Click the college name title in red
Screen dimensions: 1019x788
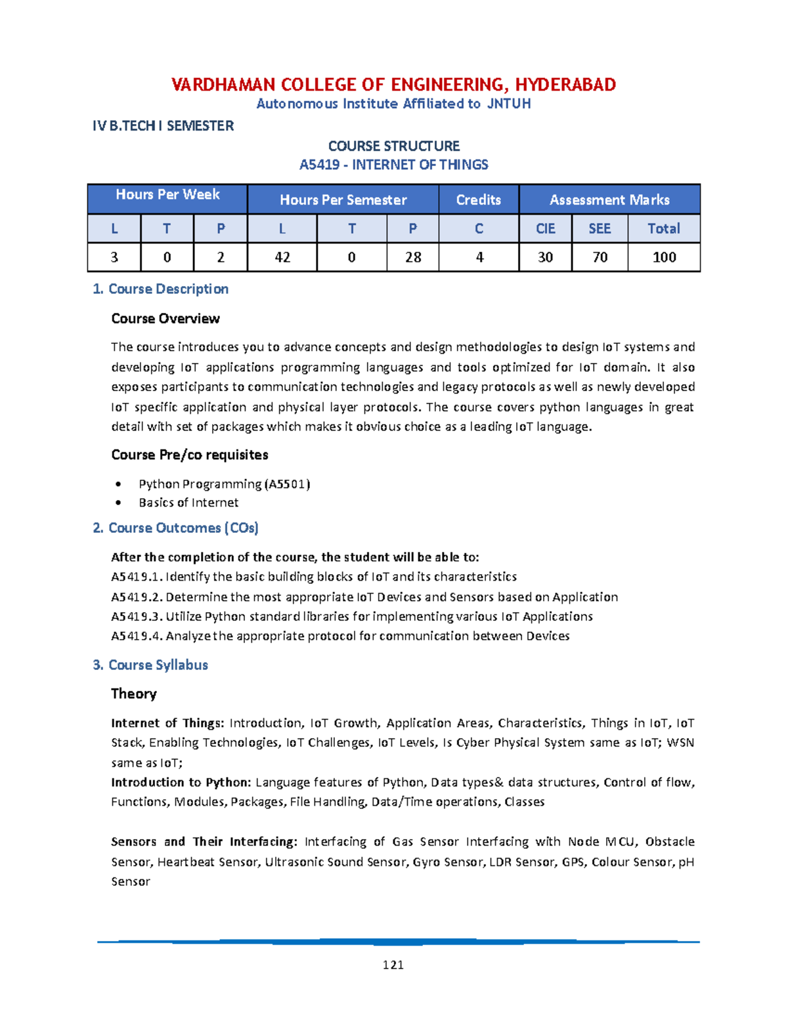point(393,85)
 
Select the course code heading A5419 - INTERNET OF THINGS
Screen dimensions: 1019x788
point(393,165)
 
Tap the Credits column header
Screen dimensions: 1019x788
point(478,199)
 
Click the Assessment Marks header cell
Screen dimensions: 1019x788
point(609,199)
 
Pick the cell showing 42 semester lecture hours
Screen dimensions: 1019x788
point(282,257)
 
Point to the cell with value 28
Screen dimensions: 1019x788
point(412,257)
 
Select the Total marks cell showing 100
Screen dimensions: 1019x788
point(664,257)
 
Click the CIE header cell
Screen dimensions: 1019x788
point(545,228)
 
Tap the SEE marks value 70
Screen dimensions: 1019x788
point(600,257)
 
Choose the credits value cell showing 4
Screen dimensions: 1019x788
point(479,257)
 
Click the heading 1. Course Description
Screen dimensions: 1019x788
point(161,289)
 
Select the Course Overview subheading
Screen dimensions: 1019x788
point(165,318)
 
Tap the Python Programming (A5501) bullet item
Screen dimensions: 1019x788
point(224,484)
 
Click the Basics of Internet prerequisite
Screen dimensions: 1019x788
point(188,503)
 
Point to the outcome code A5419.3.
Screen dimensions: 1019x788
point(137,616)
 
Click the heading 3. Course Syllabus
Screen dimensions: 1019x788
point(150,665)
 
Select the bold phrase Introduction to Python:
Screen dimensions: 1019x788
point(181,782)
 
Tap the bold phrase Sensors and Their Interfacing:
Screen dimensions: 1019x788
point(204,841)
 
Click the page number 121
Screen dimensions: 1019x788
point(393,965)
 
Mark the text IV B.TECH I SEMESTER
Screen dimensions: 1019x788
point(163,126)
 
